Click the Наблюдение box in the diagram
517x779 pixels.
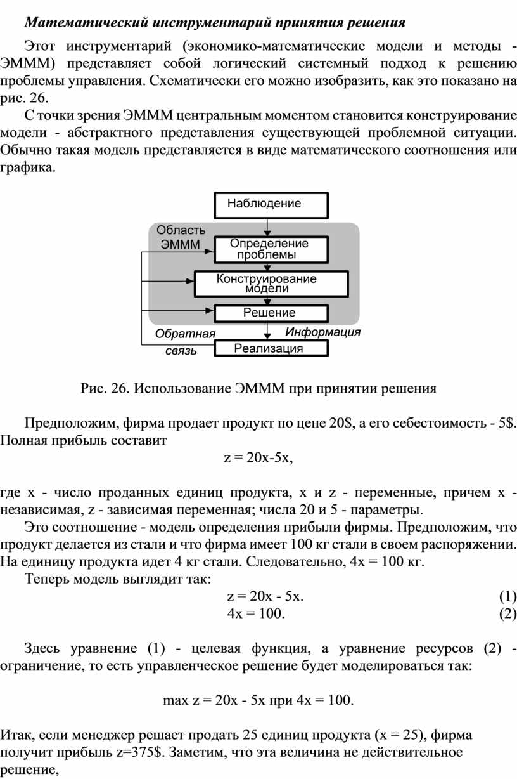coord(271,205)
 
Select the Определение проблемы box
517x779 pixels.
coord(271,249)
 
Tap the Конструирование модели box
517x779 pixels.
coord(271,284)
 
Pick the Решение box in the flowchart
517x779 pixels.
coord(271,313)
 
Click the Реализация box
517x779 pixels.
coord(271,348)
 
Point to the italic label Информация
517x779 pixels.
coord(322,332)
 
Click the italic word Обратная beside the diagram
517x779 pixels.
coord(185,334)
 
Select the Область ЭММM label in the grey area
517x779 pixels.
coord(181,237)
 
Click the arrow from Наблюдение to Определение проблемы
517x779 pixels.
coord(267,228)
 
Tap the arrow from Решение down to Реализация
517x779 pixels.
coord(267,331)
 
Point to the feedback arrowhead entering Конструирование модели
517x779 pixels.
coord(189,281)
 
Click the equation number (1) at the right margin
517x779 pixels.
coord(508,596)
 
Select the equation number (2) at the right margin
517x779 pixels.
coord(508,613)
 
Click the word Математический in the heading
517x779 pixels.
coord(87,23)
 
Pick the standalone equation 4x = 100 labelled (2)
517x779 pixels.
coord(256,613)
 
